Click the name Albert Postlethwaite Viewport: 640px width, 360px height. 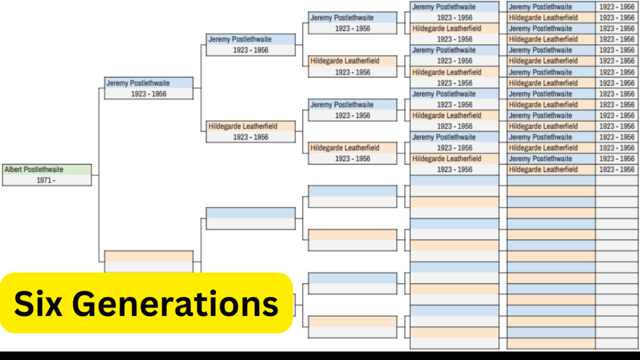34,169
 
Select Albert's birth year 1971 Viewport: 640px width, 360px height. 46,180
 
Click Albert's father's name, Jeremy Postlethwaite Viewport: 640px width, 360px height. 138,83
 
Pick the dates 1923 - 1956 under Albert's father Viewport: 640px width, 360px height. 148,94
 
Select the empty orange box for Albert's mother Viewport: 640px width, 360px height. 148,256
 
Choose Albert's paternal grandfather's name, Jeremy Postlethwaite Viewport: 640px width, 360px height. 239,40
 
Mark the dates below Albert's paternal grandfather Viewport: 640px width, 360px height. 250,50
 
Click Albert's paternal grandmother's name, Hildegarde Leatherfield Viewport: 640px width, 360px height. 243,126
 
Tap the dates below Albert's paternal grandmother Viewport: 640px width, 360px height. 250,137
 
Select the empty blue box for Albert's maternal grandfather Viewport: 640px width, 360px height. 250,213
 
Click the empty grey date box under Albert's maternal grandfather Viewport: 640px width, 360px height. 250,224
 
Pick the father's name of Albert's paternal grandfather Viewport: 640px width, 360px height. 341,18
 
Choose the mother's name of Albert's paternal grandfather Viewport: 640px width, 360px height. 345,61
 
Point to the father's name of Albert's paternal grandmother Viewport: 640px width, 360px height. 341,104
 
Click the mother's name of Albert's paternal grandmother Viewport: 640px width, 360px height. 345,148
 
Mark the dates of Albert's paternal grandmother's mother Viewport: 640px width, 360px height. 352,159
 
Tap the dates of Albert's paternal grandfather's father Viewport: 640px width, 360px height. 352,29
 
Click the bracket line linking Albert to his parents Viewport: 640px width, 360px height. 99,175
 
